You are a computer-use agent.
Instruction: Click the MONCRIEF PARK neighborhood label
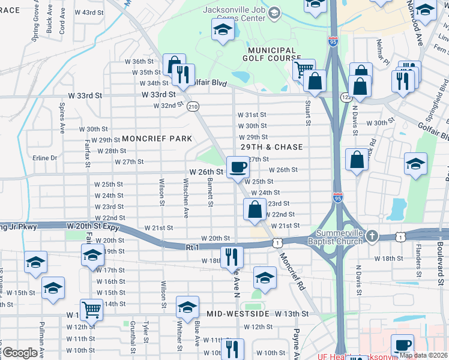tap(155, 139)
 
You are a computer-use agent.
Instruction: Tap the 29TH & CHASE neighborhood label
tap(271, 147)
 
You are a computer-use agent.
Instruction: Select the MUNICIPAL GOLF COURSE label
tap(270, 55)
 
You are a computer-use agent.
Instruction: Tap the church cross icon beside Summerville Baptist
tap(372, 235)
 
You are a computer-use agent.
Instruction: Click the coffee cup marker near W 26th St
tap(237, 167)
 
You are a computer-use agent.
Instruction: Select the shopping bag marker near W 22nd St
tap(255, 209)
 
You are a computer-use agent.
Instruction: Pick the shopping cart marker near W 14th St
tap(91, 310)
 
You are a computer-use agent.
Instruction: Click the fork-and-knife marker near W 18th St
tap(231, 257)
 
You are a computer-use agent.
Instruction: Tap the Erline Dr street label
tap(45, 158)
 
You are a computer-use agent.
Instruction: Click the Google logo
tap(20, 353)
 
